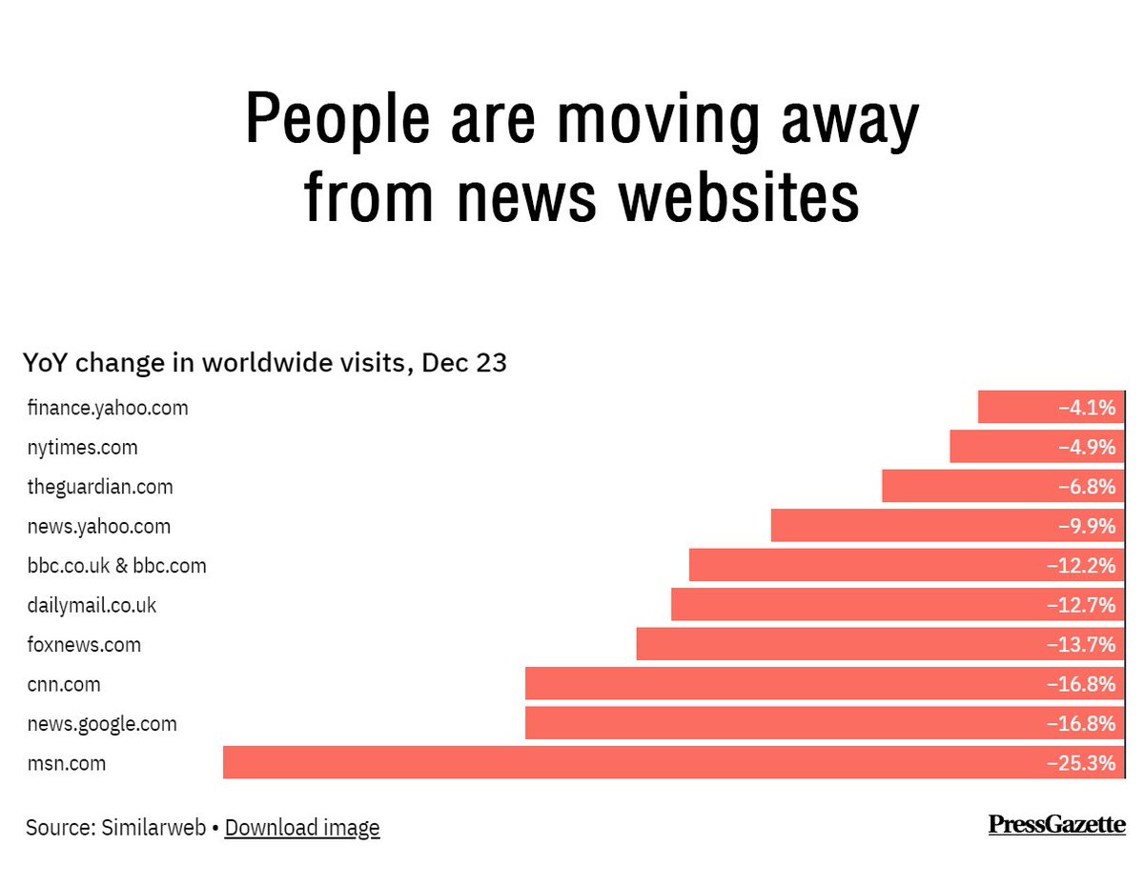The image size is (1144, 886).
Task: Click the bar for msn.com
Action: pos(673,762)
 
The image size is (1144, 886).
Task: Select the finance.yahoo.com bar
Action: pos(1051,407)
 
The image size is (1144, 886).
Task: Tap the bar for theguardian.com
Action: pos(1003,486)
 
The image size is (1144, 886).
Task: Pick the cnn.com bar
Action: pos(825,683)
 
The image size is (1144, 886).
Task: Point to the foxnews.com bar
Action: pos(880,644)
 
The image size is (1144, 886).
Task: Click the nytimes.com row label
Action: pos(82,447)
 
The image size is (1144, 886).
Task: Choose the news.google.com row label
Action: pos(102,723)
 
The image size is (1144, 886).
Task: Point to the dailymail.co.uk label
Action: pos(92,605)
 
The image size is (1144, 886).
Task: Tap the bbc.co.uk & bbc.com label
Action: pos(116,566)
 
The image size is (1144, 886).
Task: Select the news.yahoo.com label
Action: pos(98,526)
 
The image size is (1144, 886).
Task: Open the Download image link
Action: pos(302,828)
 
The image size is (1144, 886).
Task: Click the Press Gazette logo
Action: pos(1056,824)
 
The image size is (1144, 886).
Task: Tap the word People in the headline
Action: pos(344,120)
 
